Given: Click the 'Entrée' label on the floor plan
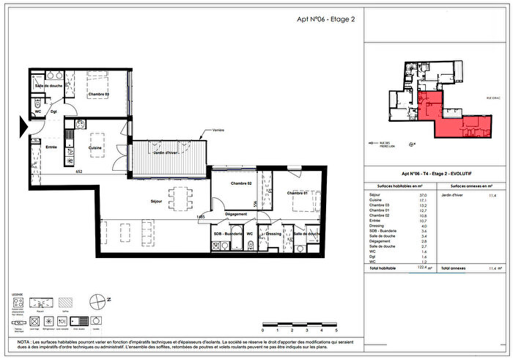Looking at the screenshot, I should (x=51, y=146).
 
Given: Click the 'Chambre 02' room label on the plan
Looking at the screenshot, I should (x=240, y=183).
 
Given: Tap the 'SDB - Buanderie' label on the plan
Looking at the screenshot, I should (x=228, y=234).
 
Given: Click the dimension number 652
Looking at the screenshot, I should (x=78, y=173).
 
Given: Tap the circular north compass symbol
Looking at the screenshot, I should (x=97, y=301).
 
